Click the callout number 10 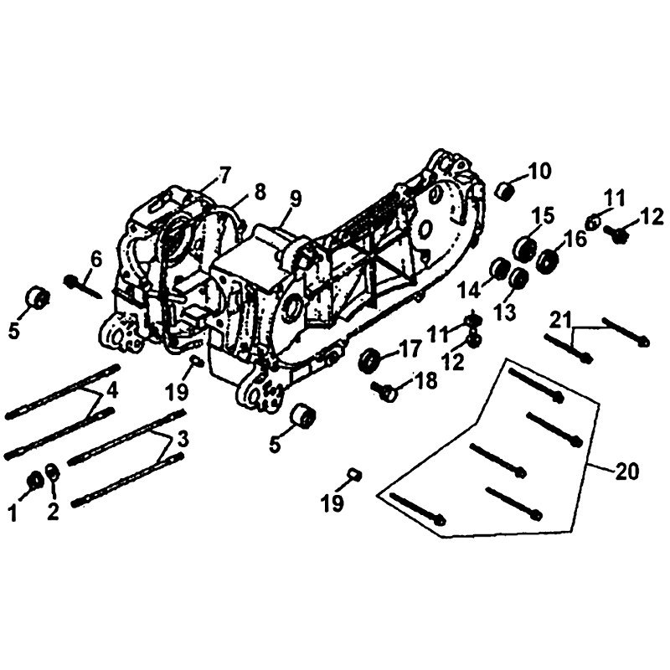tap(539, 172)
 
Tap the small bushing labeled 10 tap(504, 190)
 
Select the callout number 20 tap(626, 472)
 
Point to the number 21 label tap(559, 321)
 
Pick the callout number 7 tap(224, 175)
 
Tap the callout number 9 tap(295, 198)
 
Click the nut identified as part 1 tap(34, 481)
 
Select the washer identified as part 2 tap(53, 472)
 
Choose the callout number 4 tap(113, 390)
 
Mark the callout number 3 tap(183, 439)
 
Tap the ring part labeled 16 tap(549, 261)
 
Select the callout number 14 tap(470, 291)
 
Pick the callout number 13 tap(505, 312)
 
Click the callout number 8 tap(260, 193)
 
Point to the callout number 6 tap(95, 260)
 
